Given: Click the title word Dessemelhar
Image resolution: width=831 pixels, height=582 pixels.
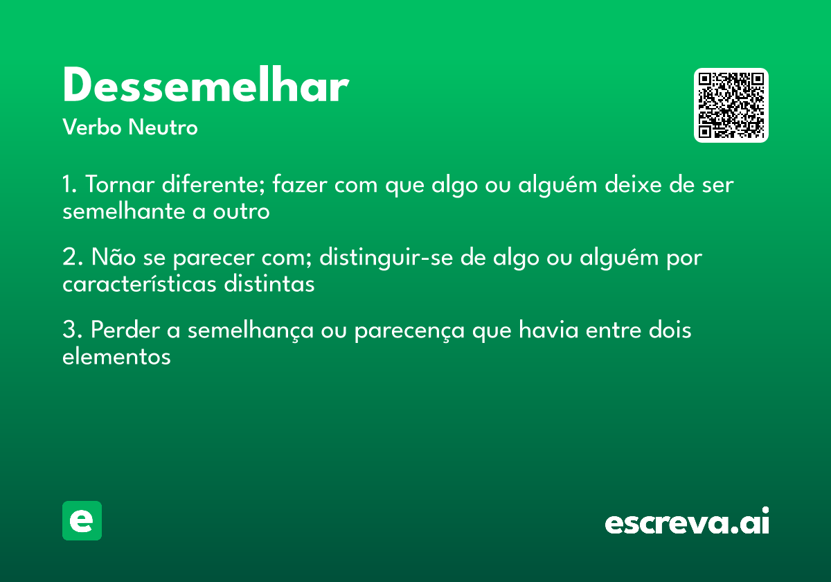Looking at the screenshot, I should point(205,87).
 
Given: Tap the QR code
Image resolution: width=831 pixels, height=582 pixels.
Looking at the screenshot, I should point(731,105).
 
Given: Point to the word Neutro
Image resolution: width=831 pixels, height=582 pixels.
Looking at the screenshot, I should point(163,127).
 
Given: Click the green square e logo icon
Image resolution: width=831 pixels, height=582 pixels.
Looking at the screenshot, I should point(82,520).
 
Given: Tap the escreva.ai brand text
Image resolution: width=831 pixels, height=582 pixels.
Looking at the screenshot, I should point(687,523).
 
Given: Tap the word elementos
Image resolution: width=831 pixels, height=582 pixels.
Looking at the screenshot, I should point(116,357).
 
